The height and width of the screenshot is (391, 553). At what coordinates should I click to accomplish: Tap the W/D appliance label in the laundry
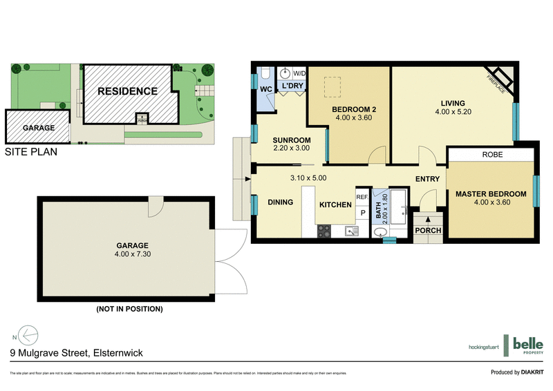click(300, 73)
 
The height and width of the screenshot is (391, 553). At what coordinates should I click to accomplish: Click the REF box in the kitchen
click(362, 196)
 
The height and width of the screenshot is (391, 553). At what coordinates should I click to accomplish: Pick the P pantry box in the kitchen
click(362, 213)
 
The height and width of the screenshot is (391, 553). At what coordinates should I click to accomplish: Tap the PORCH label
click(428, 230)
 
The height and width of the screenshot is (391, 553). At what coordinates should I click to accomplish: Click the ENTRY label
click(428, 180)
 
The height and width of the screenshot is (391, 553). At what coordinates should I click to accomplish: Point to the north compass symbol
click(26, 335)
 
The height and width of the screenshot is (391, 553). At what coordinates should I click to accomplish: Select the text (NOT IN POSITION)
click(129, 309)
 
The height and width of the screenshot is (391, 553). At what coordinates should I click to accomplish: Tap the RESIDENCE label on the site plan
click(126, 90)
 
